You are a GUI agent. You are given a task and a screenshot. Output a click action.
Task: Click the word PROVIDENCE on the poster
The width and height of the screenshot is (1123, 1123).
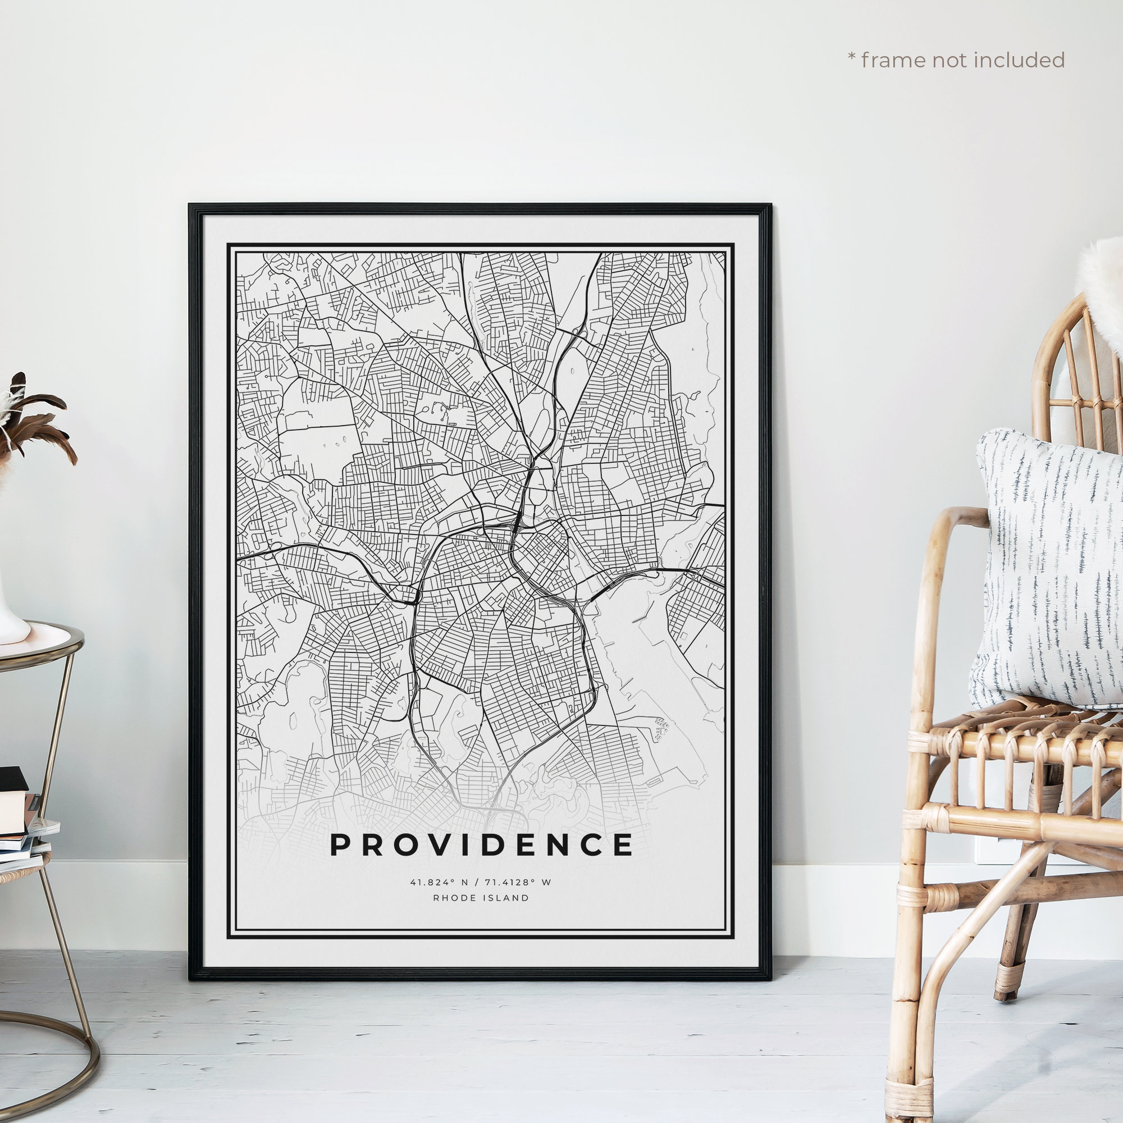coord(481,844)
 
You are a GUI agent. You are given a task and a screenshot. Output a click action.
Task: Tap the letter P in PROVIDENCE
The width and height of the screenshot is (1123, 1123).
coord(340,844)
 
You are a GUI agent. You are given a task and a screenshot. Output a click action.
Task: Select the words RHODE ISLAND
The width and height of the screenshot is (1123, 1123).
coord(481,898)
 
